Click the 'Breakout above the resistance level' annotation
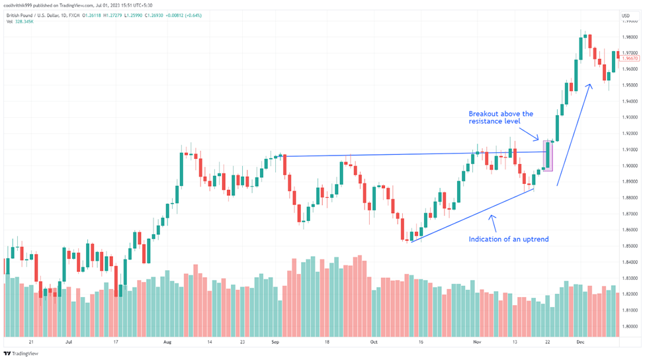[501, 118]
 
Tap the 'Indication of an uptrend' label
[508, 239]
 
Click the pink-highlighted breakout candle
[548, 156]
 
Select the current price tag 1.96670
[630, 58]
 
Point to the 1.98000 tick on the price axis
[630, 37]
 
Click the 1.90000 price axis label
[630, 166]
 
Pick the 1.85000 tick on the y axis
[630, 246]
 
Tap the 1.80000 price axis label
[630, 326]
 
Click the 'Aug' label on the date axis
[167, 343]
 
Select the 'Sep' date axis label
[275, 343]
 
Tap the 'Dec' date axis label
[580, 343]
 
